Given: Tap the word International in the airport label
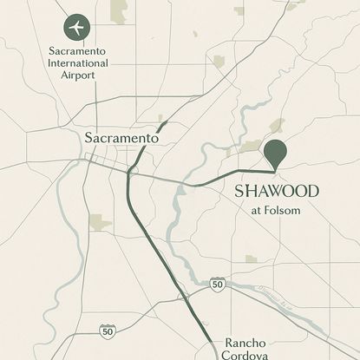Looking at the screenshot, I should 78,64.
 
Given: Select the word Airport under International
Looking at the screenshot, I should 78,75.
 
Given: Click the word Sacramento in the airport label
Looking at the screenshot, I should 78,52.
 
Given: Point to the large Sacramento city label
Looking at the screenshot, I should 121,138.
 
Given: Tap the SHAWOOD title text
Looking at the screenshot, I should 277,191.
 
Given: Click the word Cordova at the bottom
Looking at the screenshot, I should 247,355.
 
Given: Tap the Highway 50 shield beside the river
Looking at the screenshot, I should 218,284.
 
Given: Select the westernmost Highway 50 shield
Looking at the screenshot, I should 107,331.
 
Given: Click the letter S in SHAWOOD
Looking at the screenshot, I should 240,191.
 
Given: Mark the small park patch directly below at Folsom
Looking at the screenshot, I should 251,259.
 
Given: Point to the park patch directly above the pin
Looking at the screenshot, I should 277,126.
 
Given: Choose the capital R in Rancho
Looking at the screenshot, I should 230,343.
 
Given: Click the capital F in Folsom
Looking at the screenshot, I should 270,210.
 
